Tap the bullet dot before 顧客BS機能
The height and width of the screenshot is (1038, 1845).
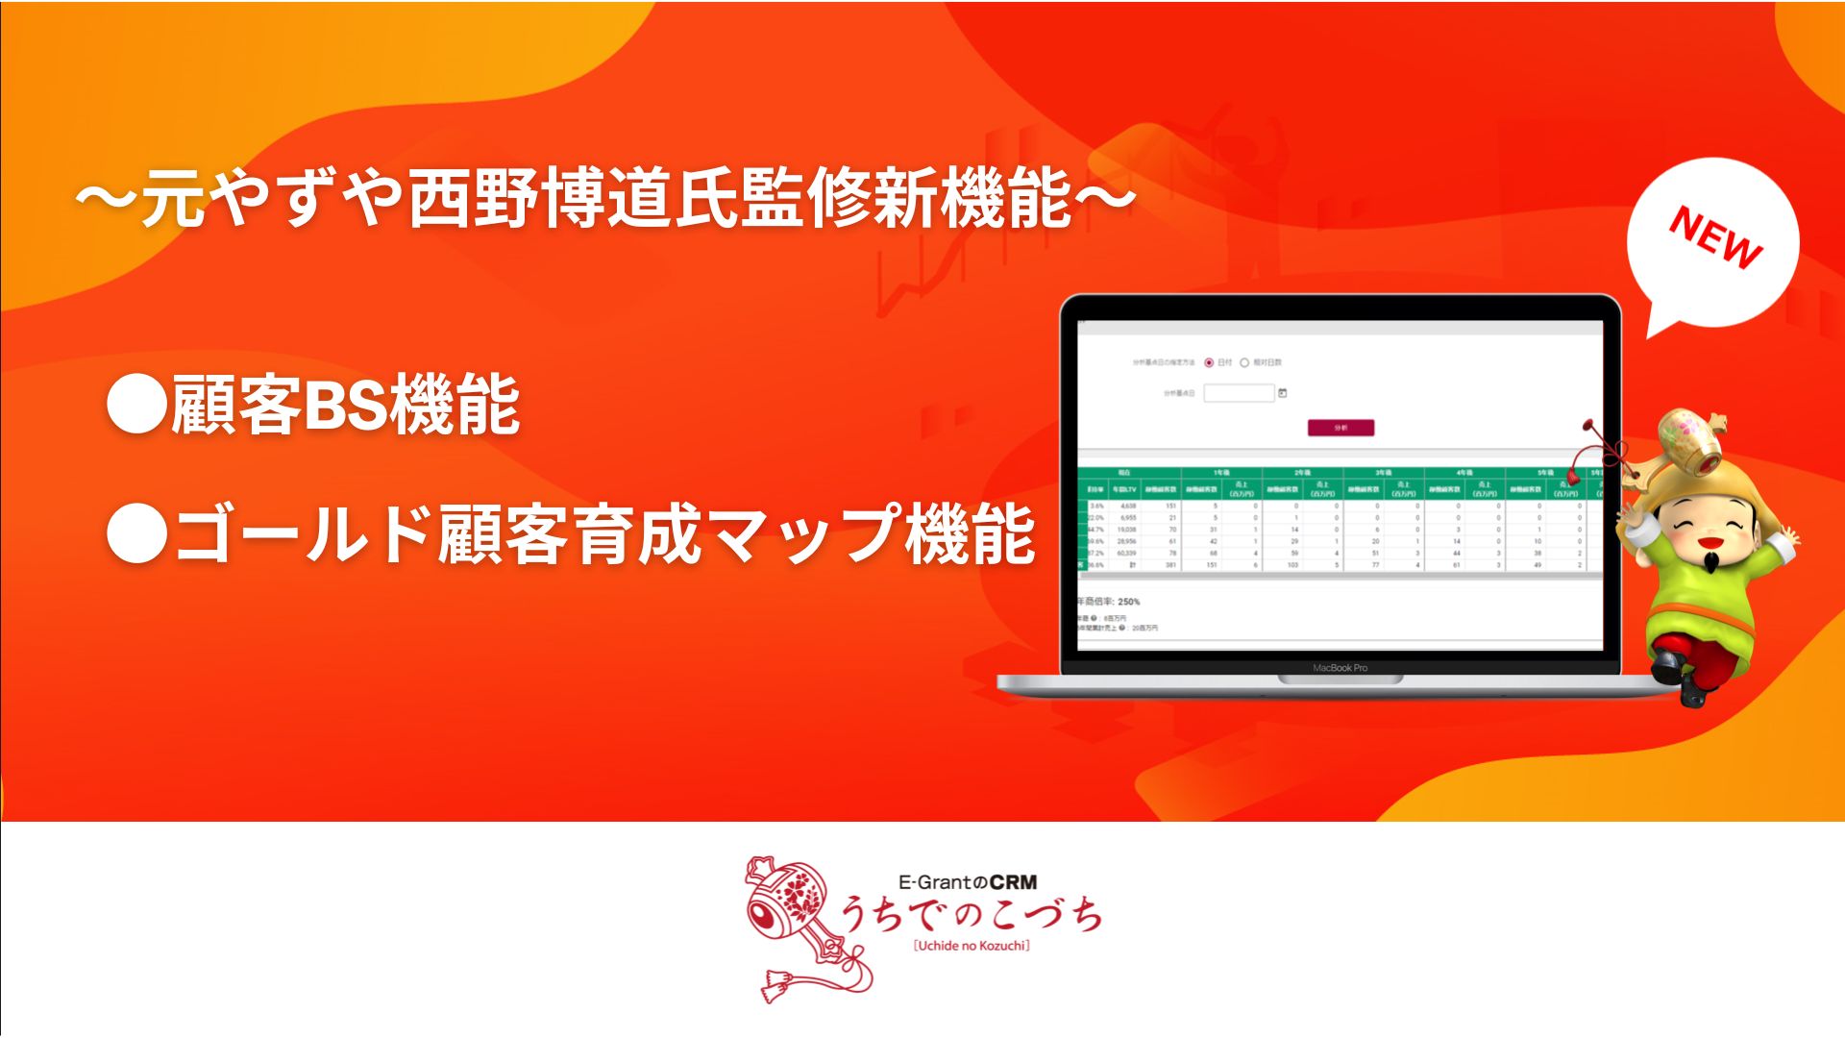pos(136,405)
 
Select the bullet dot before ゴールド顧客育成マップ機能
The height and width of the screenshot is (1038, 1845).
pos(136,533)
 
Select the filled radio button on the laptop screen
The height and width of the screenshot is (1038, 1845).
pos(1209,362)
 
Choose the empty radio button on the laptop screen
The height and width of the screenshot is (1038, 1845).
pos(1244,362)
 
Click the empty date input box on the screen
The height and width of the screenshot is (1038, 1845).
pos(1239,393)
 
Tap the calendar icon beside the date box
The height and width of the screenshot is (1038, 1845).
pos(1283,393)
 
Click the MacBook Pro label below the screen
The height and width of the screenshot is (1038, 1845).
pos(1340,667)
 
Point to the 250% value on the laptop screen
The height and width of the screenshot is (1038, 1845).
pos(1129,602)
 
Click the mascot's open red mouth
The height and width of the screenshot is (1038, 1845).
pos(1708,541)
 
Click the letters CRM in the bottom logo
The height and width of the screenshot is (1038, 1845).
pos(1013,881)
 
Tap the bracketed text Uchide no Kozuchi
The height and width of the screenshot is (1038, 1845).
pos(972,946)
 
